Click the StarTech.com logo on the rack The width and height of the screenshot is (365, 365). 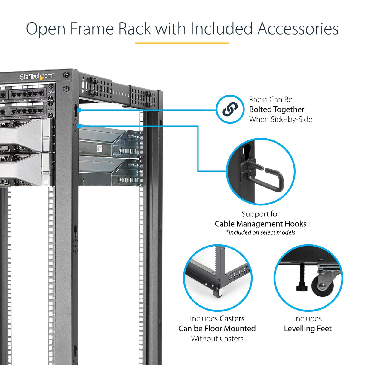pyautogui.click(x=36, y=77)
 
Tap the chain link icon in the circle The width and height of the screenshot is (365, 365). pyautogui.click(x=230, y=109)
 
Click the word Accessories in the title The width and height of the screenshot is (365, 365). pyautogui.click(x=298, y=29)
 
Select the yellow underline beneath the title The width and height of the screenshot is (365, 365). pyautogui.click(x=182, y=43)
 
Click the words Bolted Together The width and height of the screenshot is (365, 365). pyautogui.click(x=277, y=109)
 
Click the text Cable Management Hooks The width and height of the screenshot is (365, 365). pyautogui.click(x=260, y=224)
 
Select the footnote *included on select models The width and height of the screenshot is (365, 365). pyautogui.click(x=260, y=232)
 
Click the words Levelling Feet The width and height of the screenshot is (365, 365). pyautogui.click(x=308, y=329)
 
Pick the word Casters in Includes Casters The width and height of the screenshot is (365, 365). pyautogui.click(x=232, y=319)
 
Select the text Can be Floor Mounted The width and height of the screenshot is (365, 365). pyautogui.click(x=217, y=329)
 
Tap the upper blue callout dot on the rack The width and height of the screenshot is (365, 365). pyautogui.click(x=79, y=110)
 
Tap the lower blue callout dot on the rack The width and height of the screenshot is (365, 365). pyautogui.click(x=79, y=126)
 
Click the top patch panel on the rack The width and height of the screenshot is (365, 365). pyautogui.click(x=27, y=94)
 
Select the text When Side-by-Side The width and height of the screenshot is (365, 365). pyautogui.click(x=281, y=119)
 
